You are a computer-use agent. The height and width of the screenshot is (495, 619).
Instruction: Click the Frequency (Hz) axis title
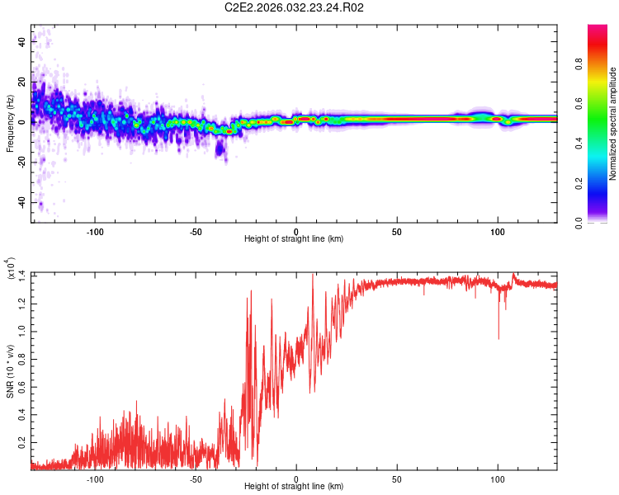(10, 123)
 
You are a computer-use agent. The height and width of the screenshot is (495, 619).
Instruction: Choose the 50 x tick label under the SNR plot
(397, 478)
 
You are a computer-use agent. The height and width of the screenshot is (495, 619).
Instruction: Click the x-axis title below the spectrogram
(294, 239)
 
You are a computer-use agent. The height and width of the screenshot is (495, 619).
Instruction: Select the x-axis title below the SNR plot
(294, 488)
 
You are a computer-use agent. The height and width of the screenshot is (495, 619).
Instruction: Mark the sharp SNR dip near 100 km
(499, 337)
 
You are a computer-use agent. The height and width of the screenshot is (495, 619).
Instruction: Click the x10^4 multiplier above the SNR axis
(10, 268)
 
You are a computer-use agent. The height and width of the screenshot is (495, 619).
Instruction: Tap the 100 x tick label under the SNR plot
(498, 478)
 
